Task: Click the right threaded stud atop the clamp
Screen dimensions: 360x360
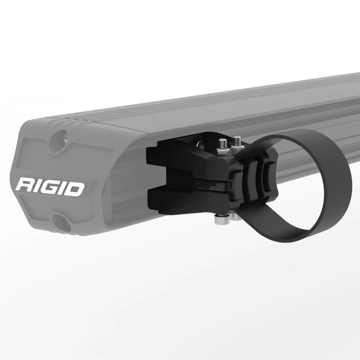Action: [236, 142]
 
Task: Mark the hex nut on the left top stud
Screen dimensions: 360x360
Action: [222, 150]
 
